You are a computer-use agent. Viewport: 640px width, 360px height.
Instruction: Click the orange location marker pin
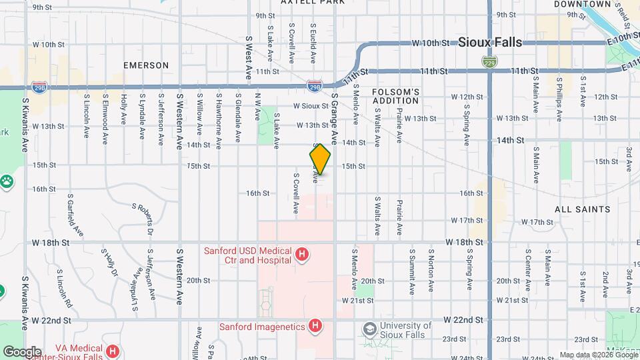coord(320,160)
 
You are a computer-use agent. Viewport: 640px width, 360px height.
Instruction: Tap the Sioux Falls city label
coord(490,42)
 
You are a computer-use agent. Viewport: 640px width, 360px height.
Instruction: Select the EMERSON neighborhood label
coord(146,65)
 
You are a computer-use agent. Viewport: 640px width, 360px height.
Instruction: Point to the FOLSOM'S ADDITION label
coord(395,96)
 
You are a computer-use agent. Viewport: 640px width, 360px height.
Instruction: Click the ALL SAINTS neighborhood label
coord(583,209)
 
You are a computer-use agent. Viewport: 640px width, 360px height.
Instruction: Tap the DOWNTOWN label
coord(583,4)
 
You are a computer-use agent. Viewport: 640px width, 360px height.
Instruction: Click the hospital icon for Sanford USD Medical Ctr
coord(303,254)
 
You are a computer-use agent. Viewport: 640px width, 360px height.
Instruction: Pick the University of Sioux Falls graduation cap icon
coord(369,329)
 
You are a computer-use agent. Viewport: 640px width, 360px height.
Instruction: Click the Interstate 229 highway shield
coord(489,61)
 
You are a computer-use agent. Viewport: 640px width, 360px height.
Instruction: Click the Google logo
coord(22,352)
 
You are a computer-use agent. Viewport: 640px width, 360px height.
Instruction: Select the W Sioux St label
coord(311,105)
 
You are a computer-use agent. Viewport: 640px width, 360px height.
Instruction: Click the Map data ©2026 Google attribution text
coord(598,355)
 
